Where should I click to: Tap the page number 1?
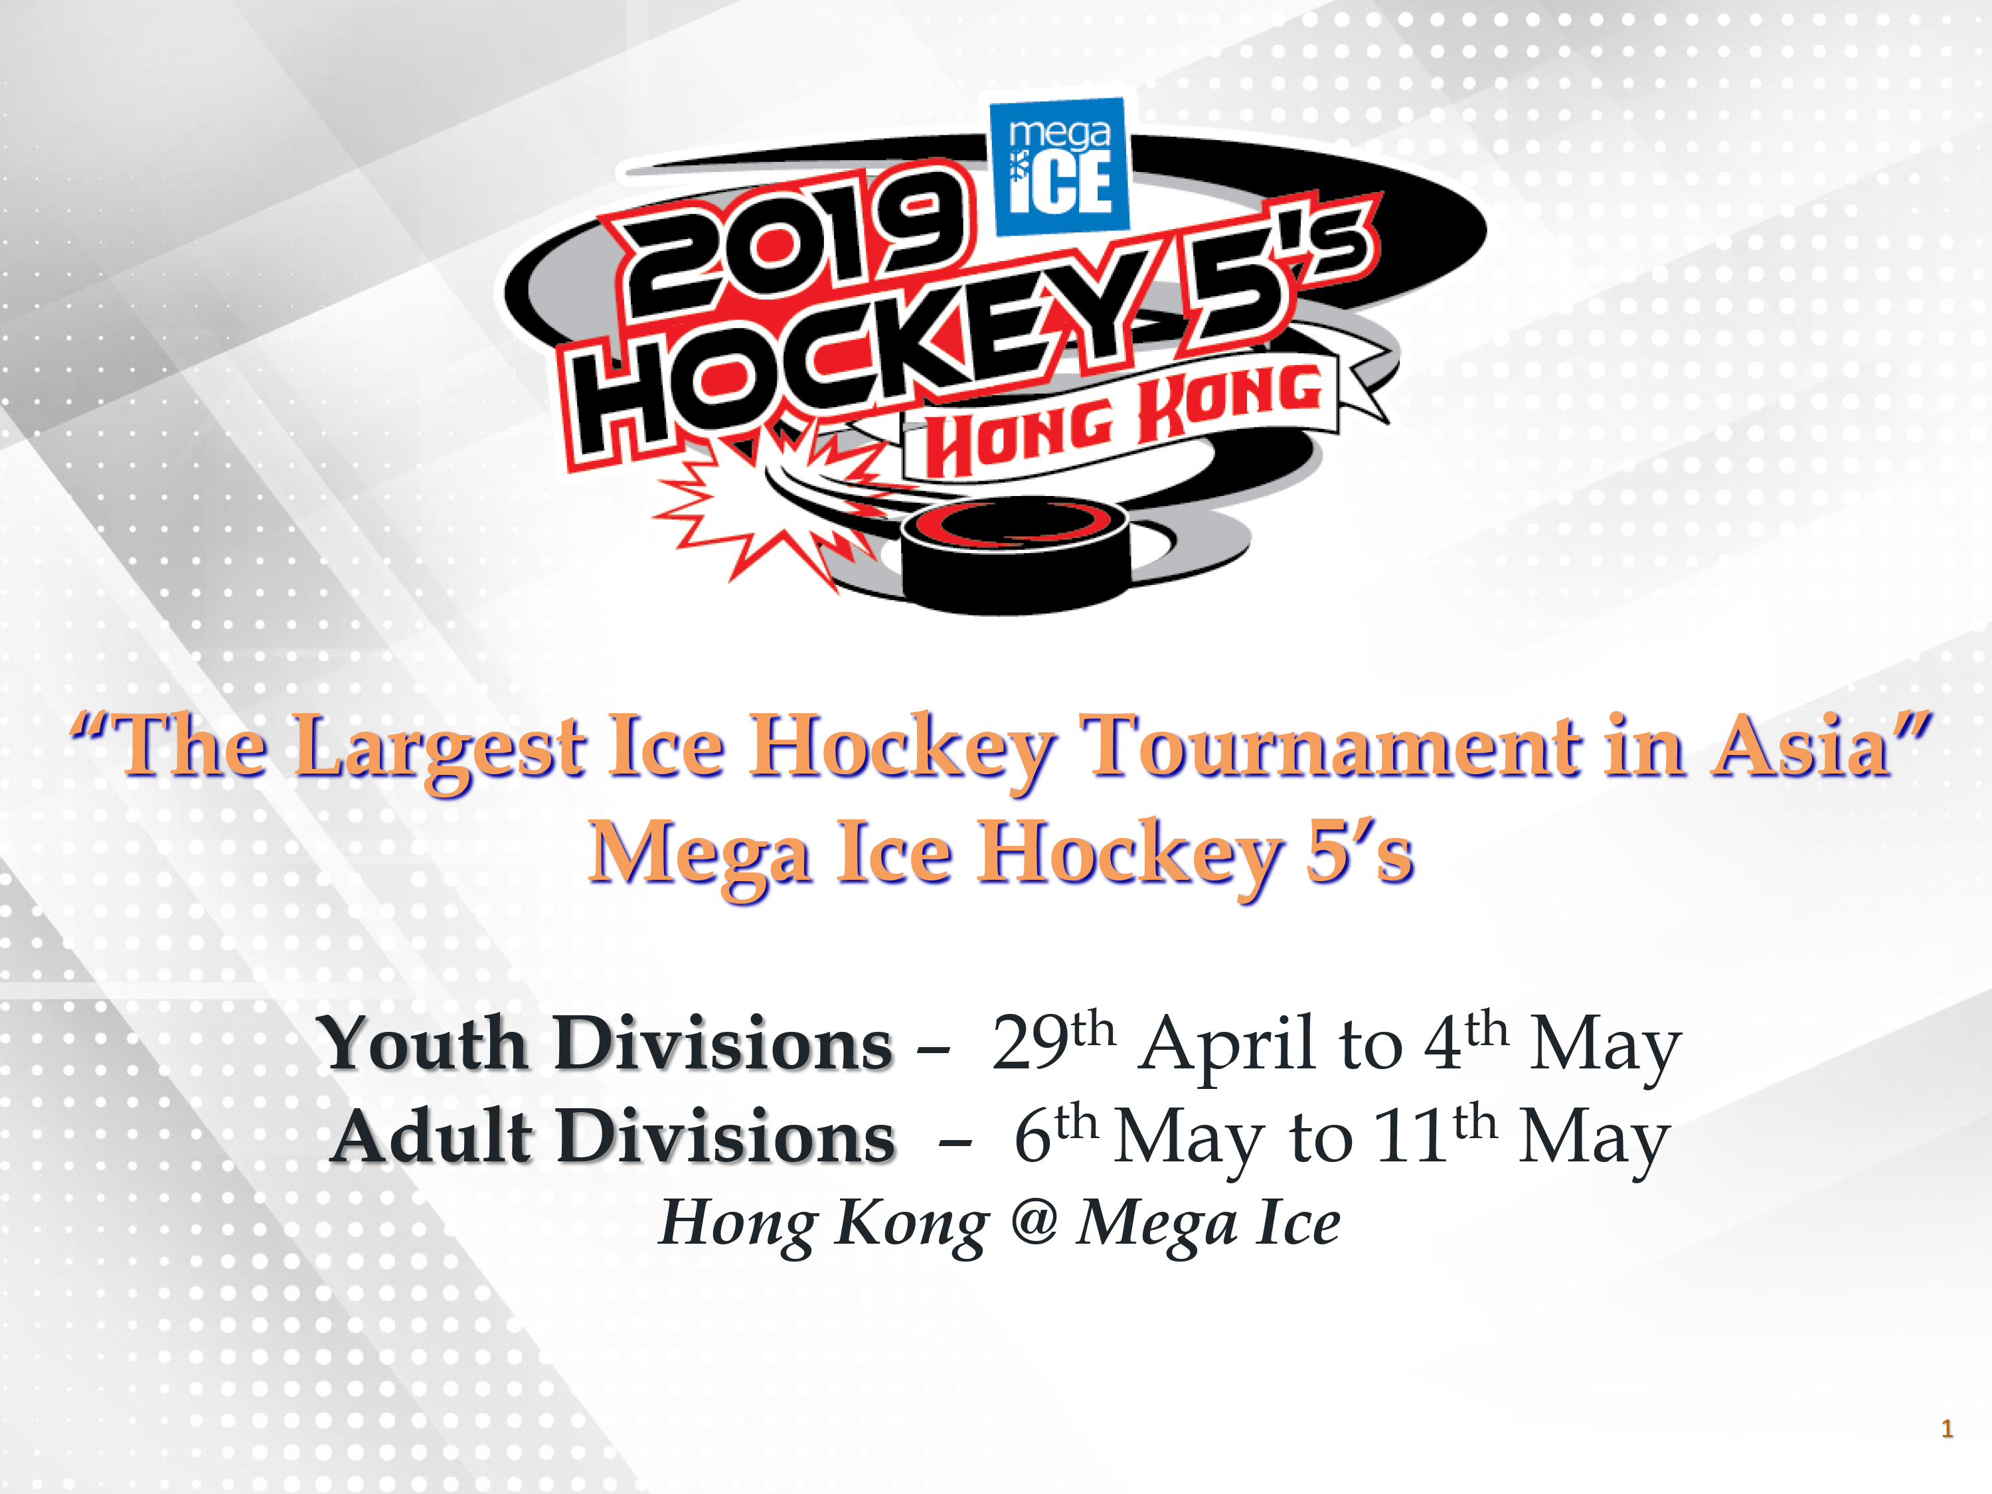[x=1947, y=1429]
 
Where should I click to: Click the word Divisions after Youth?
[x=722, y=1044]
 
